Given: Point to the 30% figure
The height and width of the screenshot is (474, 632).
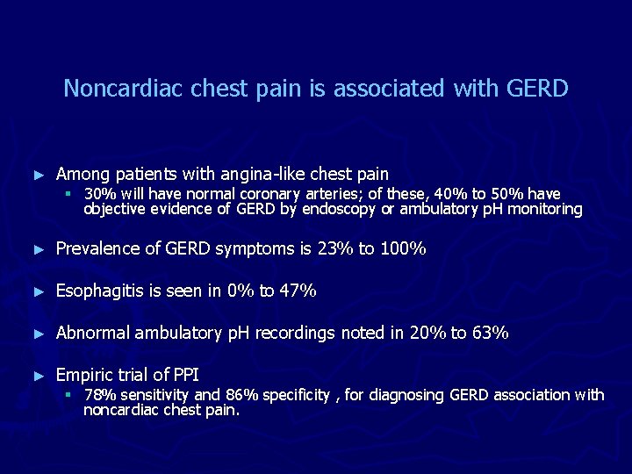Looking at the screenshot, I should [x=97, y=194].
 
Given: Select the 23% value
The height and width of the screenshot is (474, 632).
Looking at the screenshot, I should [x=334, y=249].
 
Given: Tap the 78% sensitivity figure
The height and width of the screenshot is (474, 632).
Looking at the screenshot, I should [x=97, y=395].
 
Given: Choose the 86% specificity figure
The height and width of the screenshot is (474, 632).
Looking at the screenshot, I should [x=240, y=395].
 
